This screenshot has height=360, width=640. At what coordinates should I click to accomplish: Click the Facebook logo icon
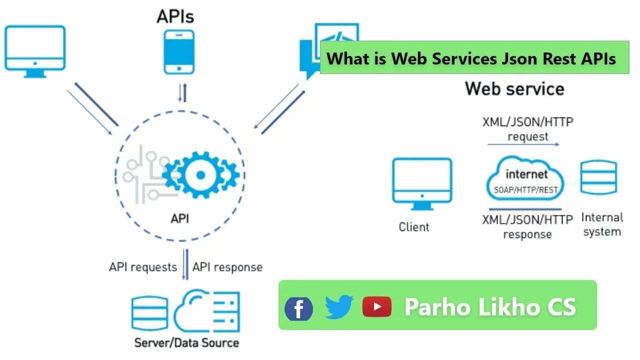298,308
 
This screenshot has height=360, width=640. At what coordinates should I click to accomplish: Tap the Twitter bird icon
339,306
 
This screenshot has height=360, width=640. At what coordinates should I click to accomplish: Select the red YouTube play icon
376,306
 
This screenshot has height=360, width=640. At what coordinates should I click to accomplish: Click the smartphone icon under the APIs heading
179,52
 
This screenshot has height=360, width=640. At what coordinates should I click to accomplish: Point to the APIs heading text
175,16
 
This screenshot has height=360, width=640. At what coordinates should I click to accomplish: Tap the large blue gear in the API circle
200,174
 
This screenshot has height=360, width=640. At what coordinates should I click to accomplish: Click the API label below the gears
179,218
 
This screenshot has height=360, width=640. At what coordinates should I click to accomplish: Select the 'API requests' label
143,267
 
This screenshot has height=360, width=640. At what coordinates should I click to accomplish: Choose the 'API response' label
227,267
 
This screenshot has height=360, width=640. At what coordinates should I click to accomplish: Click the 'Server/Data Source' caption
186,343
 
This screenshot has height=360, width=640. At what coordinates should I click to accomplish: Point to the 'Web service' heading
514,89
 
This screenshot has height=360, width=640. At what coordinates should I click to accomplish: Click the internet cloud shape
525,179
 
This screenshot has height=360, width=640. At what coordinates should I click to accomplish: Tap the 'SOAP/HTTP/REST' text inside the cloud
525,190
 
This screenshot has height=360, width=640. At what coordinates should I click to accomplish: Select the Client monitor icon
422,183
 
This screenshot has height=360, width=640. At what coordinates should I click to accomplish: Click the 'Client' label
413,227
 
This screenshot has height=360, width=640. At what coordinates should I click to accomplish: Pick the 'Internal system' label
602,224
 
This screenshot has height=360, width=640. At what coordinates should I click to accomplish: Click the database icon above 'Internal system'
598,177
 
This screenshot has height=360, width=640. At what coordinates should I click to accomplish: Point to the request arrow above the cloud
523,144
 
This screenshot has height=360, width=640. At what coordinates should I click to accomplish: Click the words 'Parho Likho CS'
490,306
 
